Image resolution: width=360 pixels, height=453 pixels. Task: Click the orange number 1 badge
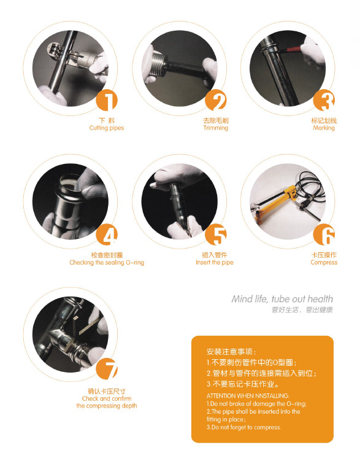point(107,100)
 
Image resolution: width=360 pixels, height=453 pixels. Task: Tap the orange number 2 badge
point(216,100)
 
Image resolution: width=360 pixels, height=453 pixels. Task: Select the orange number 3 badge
point(324,100)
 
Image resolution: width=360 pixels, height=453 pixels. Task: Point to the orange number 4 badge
point(107,234)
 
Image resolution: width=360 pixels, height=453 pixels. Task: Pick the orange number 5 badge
point(216,234)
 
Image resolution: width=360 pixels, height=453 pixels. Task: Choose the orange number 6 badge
point(324,234)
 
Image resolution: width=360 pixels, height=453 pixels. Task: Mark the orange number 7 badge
point(107,369)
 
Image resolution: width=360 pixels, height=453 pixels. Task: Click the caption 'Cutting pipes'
point(107,128)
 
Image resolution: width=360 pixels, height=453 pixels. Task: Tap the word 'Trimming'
point(216,128)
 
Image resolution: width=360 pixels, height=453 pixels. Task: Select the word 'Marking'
point(324,128)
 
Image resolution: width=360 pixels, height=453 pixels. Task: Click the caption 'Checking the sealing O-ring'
point(107,262)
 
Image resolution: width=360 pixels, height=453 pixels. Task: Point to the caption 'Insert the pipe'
point(215,262)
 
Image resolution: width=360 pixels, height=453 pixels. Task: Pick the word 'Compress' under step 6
point(324,262)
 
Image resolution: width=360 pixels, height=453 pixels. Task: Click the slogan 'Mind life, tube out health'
point(282,299)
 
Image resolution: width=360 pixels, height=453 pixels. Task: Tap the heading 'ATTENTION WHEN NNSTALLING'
point(248,396)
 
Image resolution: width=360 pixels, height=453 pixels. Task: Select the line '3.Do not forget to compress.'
point(243,427)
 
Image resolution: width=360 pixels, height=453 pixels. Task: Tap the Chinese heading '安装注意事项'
point(231,352)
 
